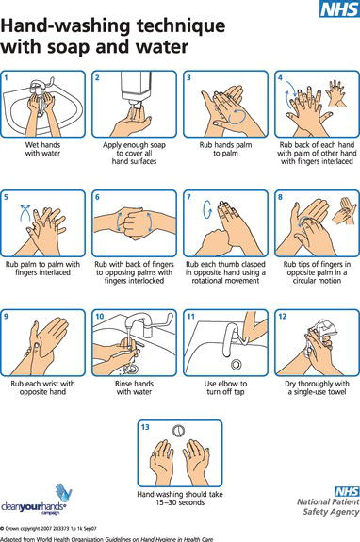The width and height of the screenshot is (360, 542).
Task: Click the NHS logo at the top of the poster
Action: (x=339, y=8)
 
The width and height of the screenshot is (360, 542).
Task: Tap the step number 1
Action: (x=6, y=78)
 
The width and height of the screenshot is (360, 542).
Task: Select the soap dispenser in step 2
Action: (x=136, y=89)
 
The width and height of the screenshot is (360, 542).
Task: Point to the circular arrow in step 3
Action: (x=237, y=116)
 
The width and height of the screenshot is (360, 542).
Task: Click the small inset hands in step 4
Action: (x=336, y=92)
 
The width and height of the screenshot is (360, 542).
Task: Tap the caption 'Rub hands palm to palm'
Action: (x=225, y=149)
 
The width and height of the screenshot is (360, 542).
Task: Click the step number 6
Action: (x=97, y=197)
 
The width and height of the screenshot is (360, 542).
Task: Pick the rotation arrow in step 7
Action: (x=207, y=208)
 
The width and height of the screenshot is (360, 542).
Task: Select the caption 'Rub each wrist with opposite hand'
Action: (x=42, y=387)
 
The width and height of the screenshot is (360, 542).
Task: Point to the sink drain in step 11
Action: (x=237, y=364)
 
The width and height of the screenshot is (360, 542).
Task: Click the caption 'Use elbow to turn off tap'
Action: (x=225, y=387)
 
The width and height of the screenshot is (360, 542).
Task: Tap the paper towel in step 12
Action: (x=324, y=328)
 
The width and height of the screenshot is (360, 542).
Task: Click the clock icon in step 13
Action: (x=178, y=431)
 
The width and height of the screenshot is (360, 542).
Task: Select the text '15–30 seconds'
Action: (x=180, y=502)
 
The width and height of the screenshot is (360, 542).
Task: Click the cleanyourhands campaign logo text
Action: (x=33, y=507)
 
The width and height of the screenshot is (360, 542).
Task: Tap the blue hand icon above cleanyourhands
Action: (x=64, y=492)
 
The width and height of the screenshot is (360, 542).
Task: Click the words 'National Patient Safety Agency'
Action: (x=328, y=506)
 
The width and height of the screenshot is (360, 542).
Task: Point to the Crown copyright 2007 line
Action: (x=49, y=529)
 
